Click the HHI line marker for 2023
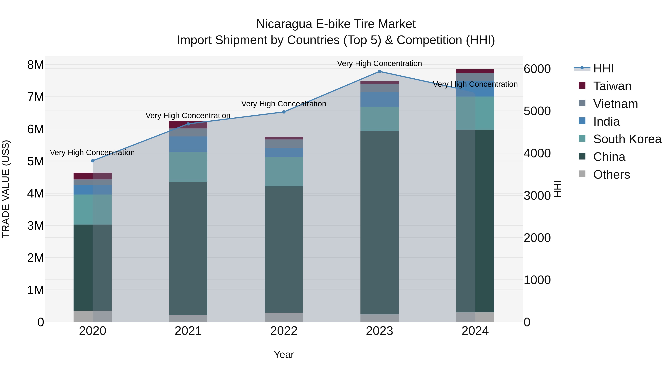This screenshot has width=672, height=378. point(379,71)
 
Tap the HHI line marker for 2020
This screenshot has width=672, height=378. point(93,161)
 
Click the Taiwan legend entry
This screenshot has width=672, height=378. point(612,86)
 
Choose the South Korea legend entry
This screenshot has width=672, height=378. point(627,139)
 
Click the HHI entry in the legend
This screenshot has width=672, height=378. point(603,68)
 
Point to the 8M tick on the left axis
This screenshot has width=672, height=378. point(35,65)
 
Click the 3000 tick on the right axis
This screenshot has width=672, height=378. point(537,196)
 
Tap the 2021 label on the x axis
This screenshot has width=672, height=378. point(188,331)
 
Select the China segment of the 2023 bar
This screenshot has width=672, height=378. point(379,222)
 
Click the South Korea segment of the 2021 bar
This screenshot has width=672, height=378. point(188,167)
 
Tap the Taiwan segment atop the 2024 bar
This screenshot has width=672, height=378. point(475,71)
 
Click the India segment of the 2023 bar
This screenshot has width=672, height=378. point(379,100)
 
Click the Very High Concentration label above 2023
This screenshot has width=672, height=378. point(379,63)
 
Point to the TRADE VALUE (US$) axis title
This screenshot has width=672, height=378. point(6,189)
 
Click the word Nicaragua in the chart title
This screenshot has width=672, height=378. point(284,24)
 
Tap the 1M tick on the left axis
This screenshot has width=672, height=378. point(35,290)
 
